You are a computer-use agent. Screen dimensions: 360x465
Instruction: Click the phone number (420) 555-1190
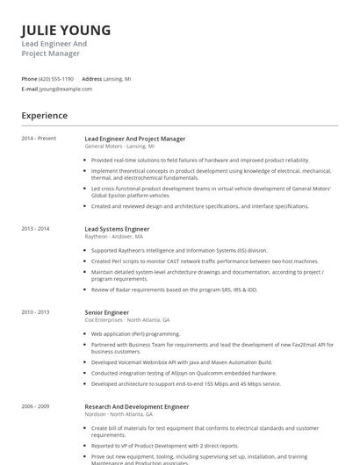pyautogui.click(x=57, y=78)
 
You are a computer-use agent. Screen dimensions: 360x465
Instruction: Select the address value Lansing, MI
pyautogui.click(x=118, y=78)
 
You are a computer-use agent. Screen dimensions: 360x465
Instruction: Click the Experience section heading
pyautogui.click(x=45, y=115)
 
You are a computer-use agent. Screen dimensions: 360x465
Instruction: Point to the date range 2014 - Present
pyautogui.click(x=39, y=139)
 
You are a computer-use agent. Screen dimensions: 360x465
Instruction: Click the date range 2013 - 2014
pyautogui.click(x=36, y=228)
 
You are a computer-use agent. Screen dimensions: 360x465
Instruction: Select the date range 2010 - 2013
pyautogui.click(x=36, y=311)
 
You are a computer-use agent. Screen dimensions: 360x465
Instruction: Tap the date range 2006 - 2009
pyautogui.click(x=36, y=406)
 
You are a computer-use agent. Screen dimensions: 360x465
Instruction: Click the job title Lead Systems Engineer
pyautogui.click(x=117, y=228)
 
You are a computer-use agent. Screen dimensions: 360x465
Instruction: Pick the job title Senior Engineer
pyautogui.click(x=106, y=311)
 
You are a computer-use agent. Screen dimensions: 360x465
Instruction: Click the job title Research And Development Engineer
pyautogui.click(x=136, y=406)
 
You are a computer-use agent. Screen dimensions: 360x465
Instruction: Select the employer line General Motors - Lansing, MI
pyautogui.click(x=119, y=146)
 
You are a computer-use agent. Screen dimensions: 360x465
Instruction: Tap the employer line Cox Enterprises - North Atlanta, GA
pyautogui.click(x=127, y=319)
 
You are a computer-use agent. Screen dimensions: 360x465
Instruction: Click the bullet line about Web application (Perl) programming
pyautogui.click(x=136, y=333)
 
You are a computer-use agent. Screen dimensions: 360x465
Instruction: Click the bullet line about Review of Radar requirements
pyautogui.click(x=173, y=289)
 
